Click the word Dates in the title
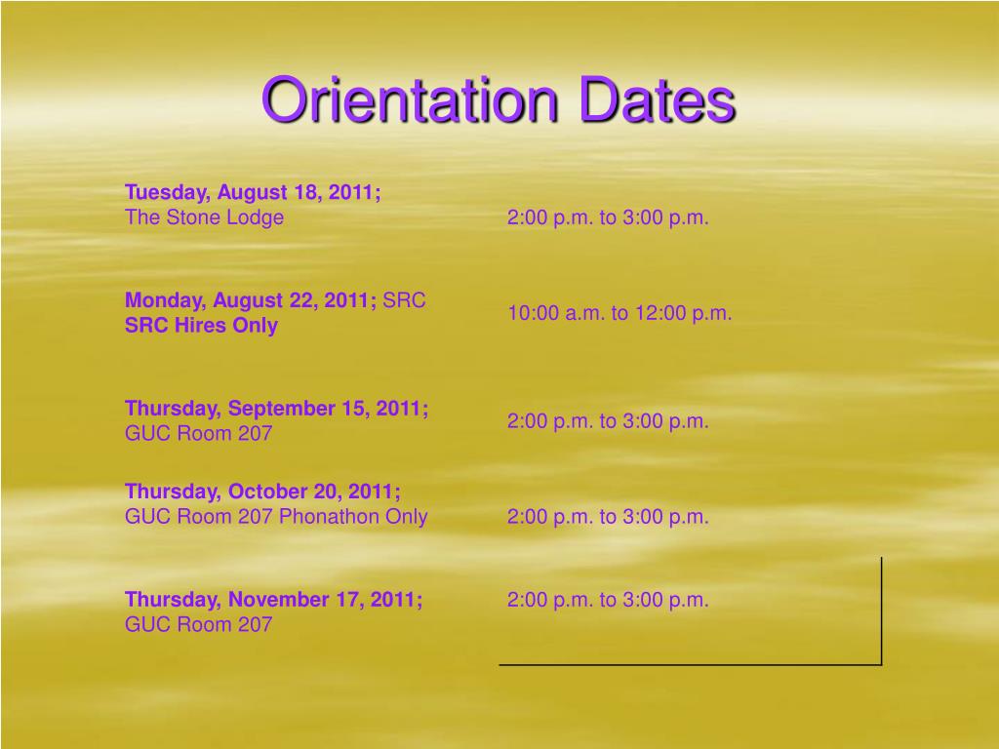(656, 100)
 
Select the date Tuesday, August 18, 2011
(253, 192)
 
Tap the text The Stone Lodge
(204, 217)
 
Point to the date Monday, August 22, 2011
(251, 300)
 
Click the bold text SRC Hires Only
(201, 326)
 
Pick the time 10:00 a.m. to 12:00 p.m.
(619, 313)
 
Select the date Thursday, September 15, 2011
(276, 408)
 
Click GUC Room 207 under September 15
(198, 433)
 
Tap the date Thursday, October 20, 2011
(262, 491)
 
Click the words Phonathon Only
(353, 516)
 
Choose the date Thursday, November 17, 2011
(273, 599)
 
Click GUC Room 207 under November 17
(198, 624)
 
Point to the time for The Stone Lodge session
(607, 217)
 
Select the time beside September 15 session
(607, 421)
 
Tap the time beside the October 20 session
(607, 517)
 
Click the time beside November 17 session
(607, 600)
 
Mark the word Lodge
(255, 217)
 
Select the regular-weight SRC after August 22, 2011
(404, 300)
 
